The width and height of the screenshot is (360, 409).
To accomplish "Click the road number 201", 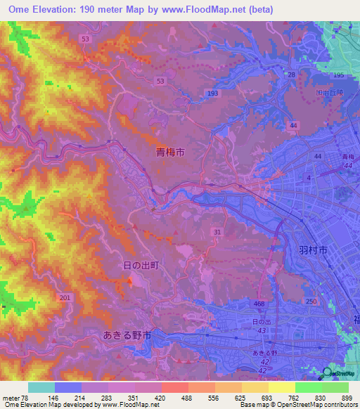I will (x=65, y=298).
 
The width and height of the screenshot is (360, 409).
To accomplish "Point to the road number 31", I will (x=217, y=233).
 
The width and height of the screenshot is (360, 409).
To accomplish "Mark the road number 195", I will (x=338, y=75).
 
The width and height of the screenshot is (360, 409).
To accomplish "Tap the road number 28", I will (x=290, y=74).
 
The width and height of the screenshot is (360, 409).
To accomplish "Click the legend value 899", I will (x=348, y=397).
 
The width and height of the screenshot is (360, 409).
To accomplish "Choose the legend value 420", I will (x=161, y=397).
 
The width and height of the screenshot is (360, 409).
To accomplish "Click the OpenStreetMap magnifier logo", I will (x=328, y=373).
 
